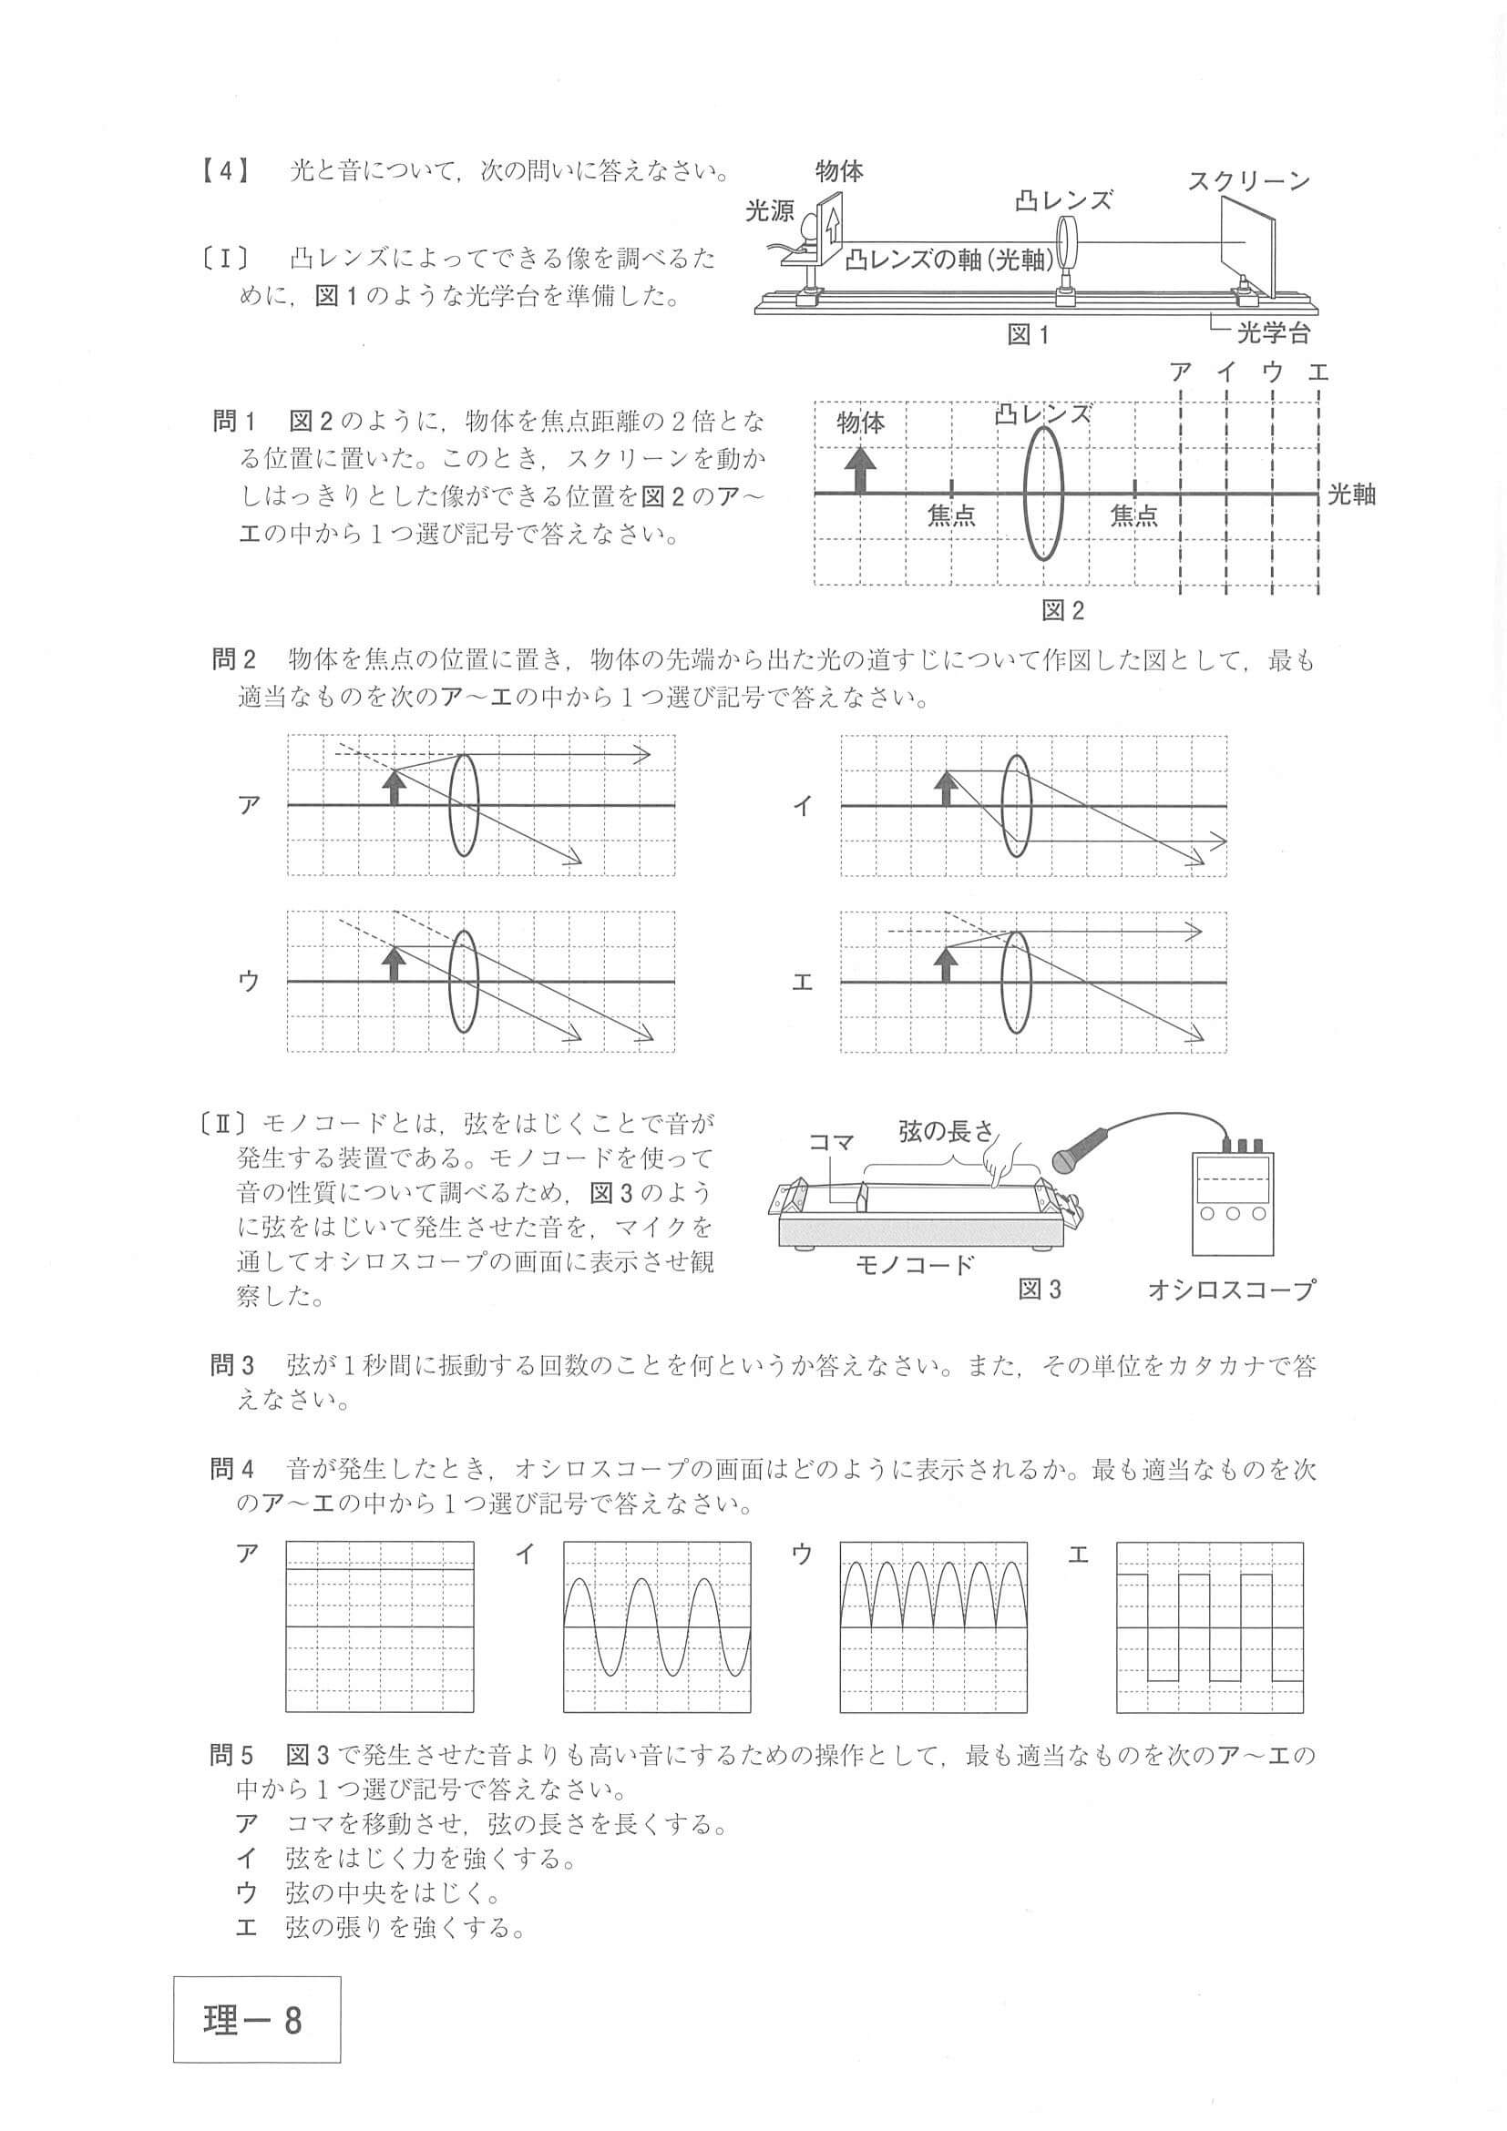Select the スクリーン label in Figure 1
1249,182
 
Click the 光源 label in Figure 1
770,211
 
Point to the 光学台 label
1272,332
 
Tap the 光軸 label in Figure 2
1351,494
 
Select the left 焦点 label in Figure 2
951,515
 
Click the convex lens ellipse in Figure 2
1042,492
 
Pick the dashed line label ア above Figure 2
1180,373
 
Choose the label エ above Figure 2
1317,373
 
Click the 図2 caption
1062,610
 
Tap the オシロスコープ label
1231,1290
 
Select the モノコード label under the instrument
915,1264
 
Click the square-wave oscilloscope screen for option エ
1209,1627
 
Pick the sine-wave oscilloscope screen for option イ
657,1627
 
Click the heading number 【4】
224,173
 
